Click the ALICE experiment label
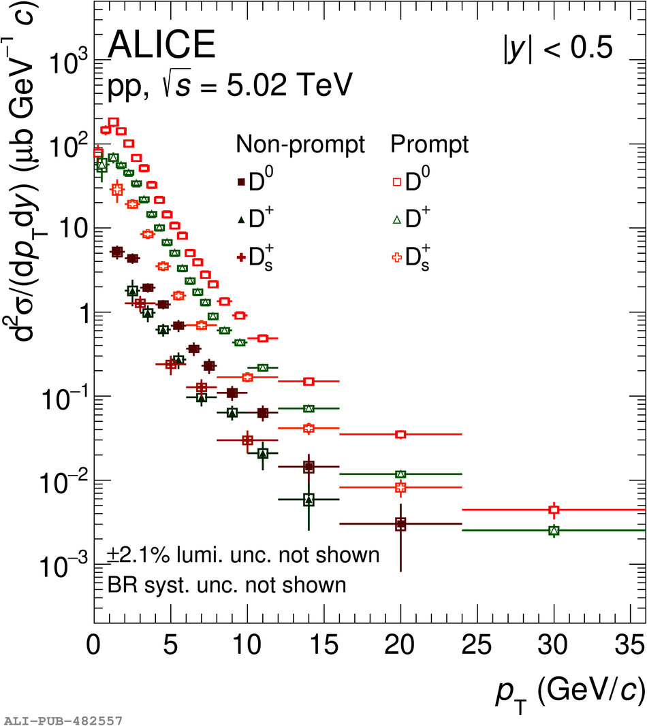[x=161, y=46]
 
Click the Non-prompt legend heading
[x=300, y=144]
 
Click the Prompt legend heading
[x=429, y=144]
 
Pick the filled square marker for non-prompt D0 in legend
[x=240, y=182]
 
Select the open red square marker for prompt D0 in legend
[x=395, y=182]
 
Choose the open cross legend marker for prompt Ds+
[x=395, y=257]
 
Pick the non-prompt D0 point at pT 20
[x=400, y=524]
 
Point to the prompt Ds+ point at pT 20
[x=400, y=487]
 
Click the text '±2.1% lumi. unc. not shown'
[x=243, y=555]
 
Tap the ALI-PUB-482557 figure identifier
[x=63, y=719]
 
